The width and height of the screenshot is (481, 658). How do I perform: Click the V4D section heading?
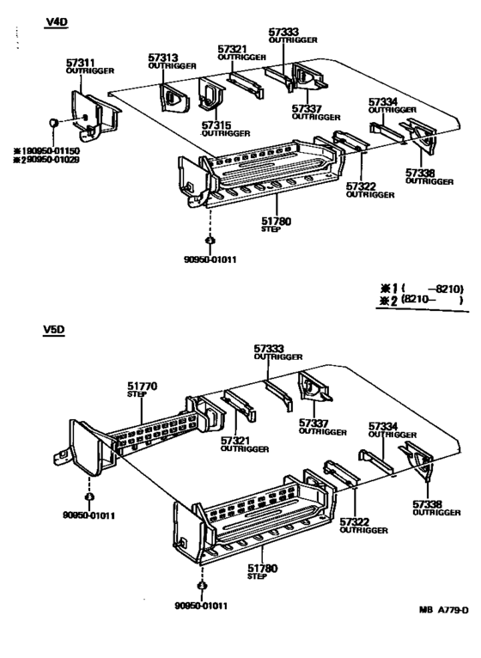coord(56,23)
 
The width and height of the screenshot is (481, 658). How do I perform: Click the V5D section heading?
coord(56,328)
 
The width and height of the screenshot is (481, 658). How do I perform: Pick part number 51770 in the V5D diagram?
coord(142,387)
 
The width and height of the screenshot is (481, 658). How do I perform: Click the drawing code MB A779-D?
coord(443,611)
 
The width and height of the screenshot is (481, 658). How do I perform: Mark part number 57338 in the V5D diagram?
coord(427,503)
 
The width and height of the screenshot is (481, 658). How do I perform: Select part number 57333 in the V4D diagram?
coord(284,32)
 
